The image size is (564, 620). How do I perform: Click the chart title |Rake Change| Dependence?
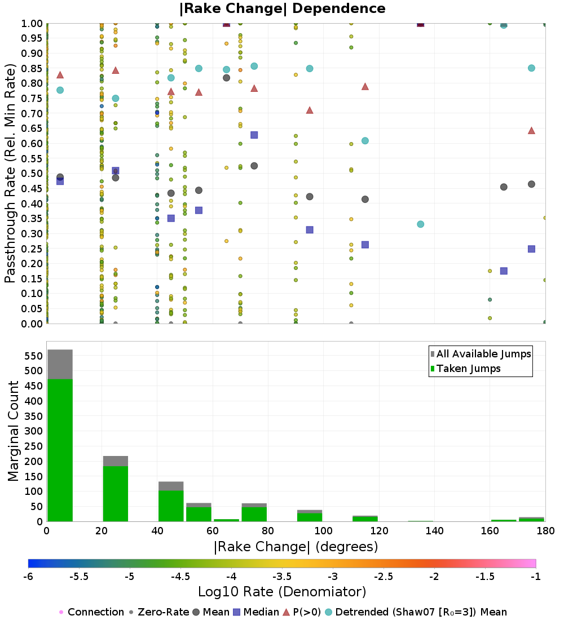tap(282, 8)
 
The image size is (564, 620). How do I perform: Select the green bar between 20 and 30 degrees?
tap(115, 494)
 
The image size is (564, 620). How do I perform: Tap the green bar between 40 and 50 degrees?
tap(171, 506)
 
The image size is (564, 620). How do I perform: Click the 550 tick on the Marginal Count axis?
tap(33, 356)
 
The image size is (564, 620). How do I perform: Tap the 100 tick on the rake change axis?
tap(323, 530)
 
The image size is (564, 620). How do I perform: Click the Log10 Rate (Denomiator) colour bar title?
tap(282, 592)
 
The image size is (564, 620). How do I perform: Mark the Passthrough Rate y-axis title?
tap(10, 174)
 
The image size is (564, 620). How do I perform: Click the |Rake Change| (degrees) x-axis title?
tap(296, 547)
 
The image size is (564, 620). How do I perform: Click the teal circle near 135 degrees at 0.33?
tap(420, 224)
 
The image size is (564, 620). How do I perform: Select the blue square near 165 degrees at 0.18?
tap(504, 271)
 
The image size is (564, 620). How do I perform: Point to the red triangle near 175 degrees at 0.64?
tap(531, 130)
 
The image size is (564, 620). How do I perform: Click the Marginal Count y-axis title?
tap(14, 431)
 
